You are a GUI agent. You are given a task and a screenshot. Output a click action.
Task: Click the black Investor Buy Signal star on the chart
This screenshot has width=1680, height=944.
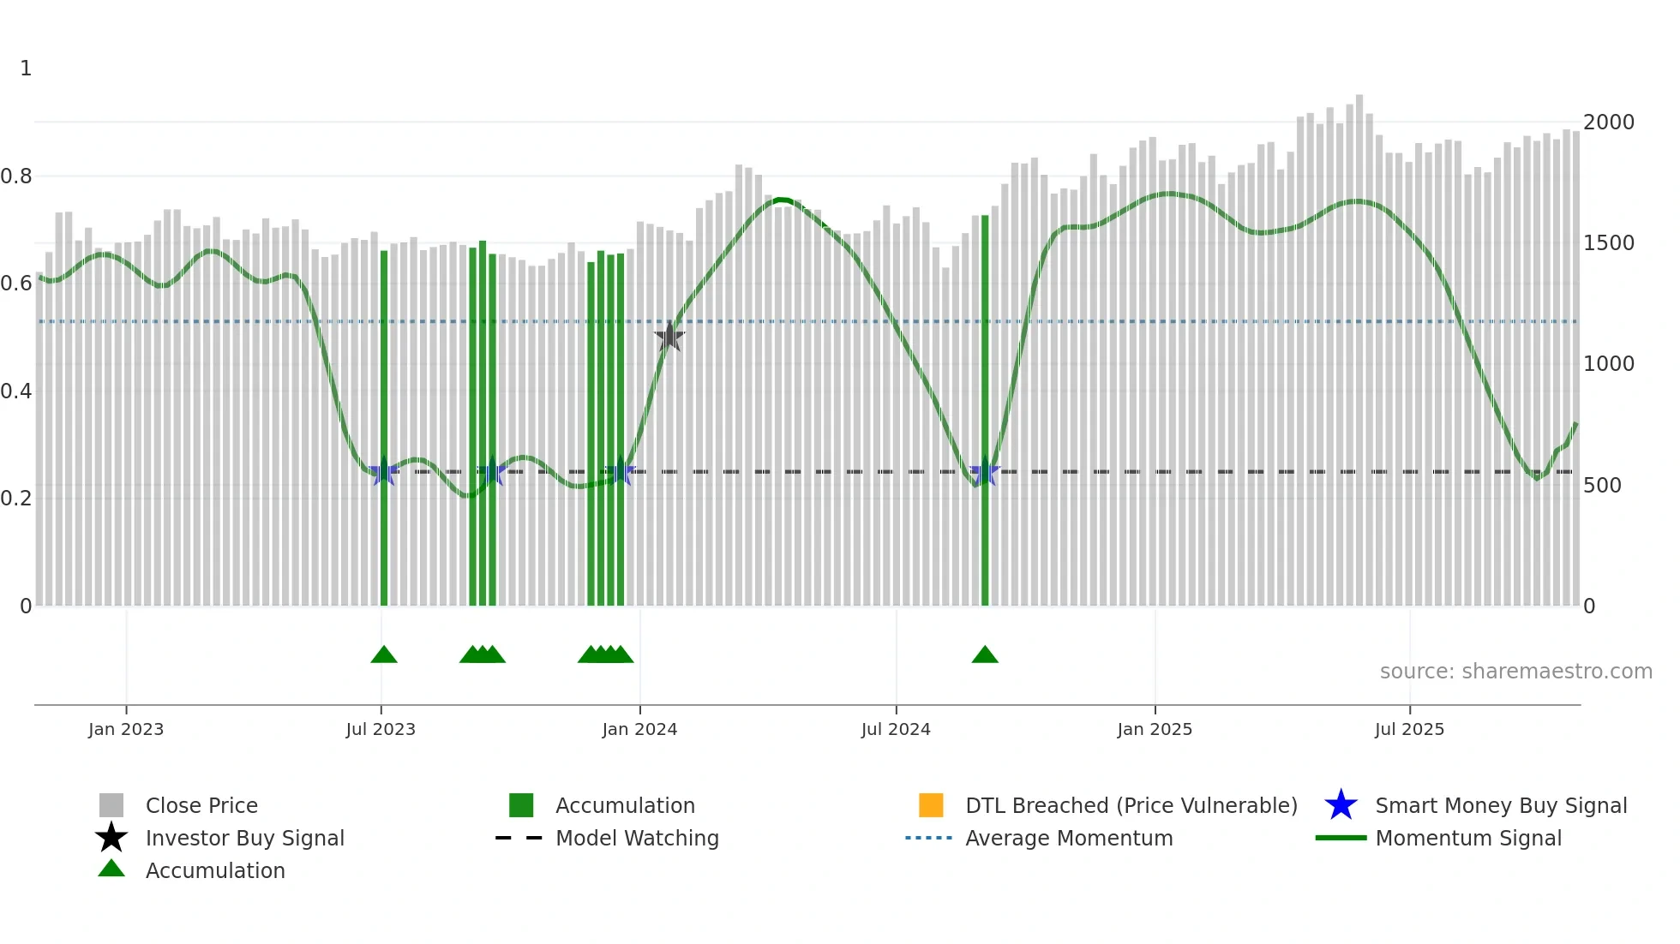669,337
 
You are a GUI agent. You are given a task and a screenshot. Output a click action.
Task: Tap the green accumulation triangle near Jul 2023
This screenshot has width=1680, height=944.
384,655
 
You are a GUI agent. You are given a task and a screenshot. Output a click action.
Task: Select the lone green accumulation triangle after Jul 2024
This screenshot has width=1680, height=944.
985,655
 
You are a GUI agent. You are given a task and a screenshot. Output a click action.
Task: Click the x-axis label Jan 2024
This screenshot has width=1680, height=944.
639,729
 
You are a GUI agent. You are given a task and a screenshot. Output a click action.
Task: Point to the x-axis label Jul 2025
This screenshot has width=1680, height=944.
1409,729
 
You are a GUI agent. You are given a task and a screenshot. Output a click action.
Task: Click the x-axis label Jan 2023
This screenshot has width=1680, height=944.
126,729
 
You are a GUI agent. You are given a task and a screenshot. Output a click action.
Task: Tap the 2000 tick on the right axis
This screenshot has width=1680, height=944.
1608,122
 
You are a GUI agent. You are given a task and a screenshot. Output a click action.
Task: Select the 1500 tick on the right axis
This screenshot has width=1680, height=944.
1608,243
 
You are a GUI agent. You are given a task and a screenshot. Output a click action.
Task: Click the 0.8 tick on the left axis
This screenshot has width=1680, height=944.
17,176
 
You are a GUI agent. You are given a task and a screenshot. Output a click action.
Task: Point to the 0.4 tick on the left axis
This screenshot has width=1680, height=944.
17,391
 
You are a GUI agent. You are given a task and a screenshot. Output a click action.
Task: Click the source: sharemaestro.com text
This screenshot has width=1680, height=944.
1515,672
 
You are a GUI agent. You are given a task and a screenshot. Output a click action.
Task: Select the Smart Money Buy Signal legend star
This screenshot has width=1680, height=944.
1341,805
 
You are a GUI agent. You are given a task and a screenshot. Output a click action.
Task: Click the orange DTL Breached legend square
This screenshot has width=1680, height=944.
931,805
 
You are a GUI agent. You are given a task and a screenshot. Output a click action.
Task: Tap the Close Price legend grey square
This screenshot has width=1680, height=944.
111,805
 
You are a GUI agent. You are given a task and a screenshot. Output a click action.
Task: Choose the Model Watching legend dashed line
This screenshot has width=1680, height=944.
519,838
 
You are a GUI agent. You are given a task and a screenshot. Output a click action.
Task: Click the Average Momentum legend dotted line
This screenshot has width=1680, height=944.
929,838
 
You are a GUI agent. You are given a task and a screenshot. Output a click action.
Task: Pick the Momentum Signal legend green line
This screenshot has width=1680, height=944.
1341,838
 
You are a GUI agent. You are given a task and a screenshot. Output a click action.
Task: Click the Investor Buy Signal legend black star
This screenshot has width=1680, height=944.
111,838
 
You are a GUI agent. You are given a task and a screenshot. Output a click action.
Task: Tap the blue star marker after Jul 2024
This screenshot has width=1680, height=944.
985,472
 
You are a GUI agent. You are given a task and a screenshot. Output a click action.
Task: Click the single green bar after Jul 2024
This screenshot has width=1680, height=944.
985,411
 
